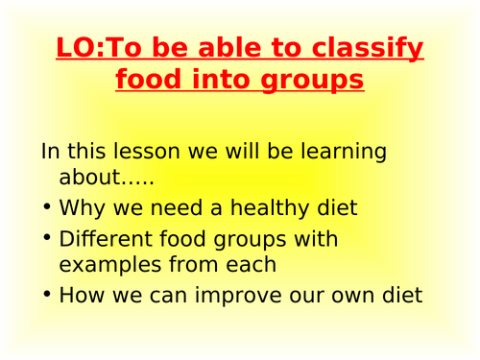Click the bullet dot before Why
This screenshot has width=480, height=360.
(x=46, y=208)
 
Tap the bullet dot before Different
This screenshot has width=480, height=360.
(x=46, y=239)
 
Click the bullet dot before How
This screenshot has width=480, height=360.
(x=46, y=296)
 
